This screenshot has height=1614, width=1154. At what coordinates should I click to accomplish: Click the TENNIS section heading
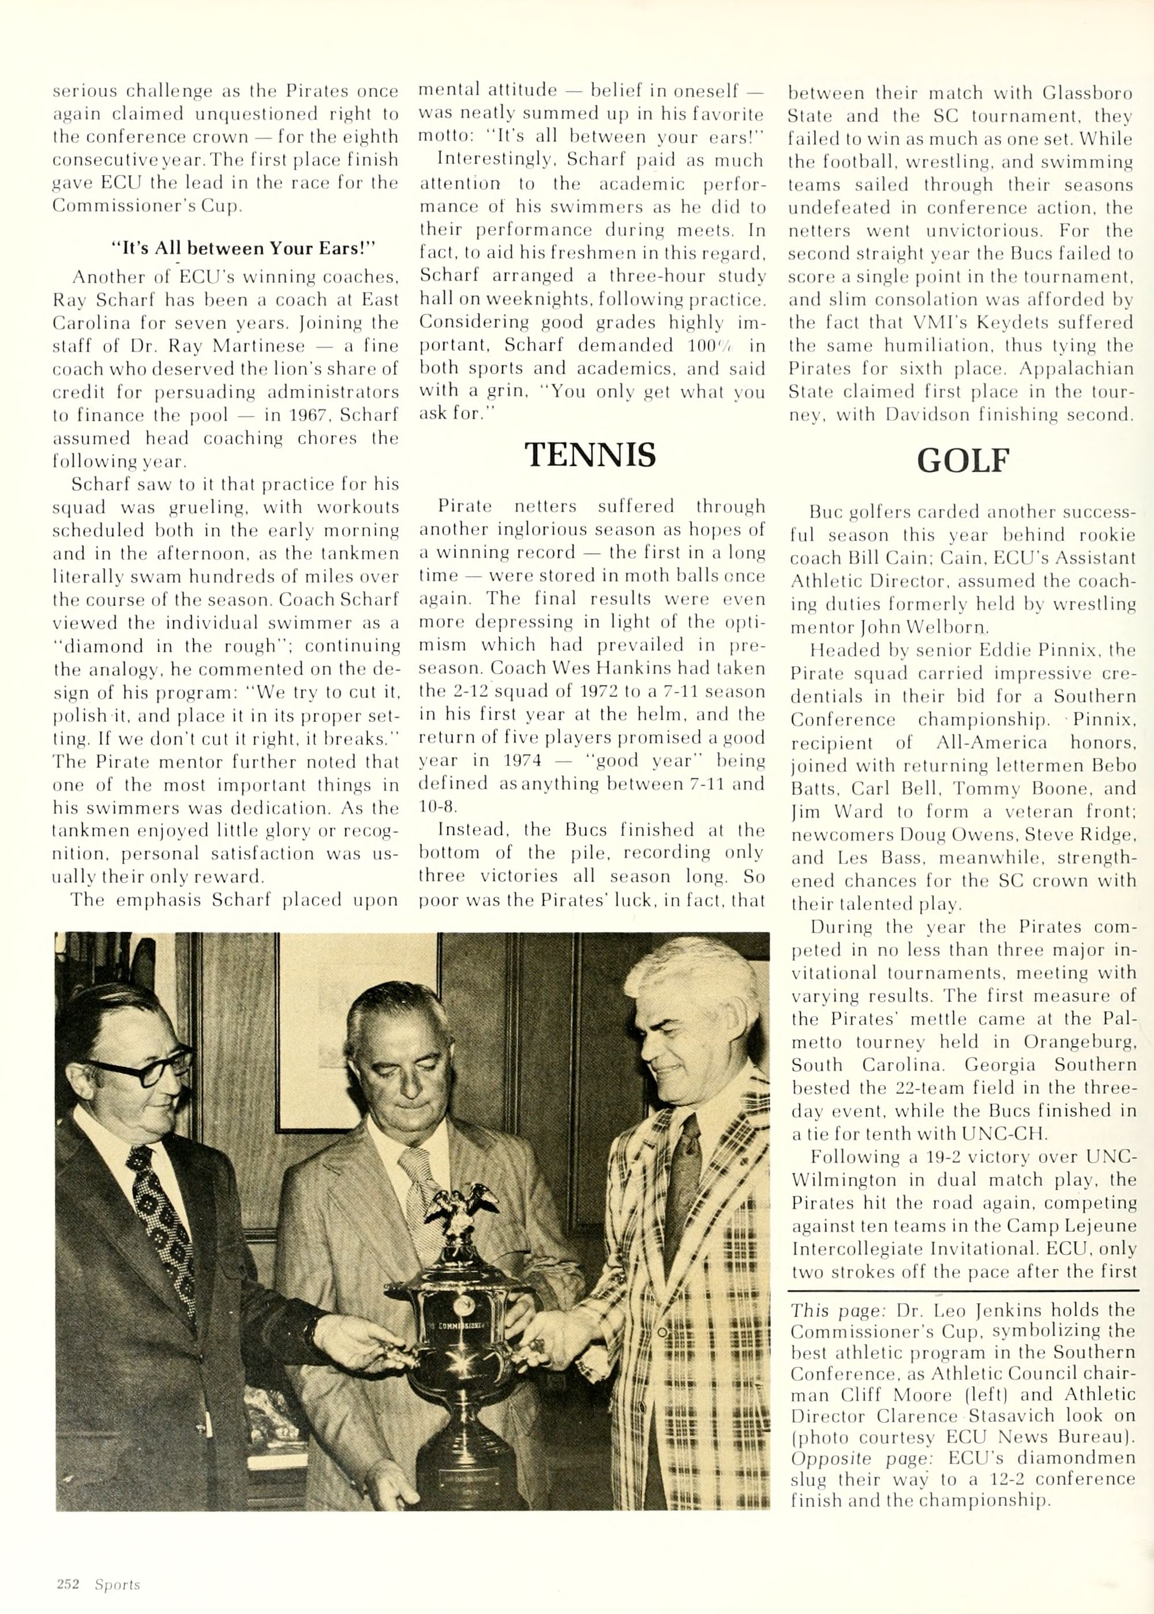590,455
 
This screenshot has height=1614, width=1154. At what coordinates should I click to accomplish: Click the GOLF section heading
963,461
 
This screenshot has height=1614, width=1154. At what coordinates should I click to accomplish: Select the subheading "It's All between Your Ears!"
243,248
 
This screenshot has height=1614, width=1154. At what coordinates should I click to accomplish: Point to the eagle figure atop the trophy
460,1208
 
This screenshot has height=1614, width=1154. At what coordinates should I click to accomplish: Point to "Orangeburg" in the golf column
1080,1042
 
